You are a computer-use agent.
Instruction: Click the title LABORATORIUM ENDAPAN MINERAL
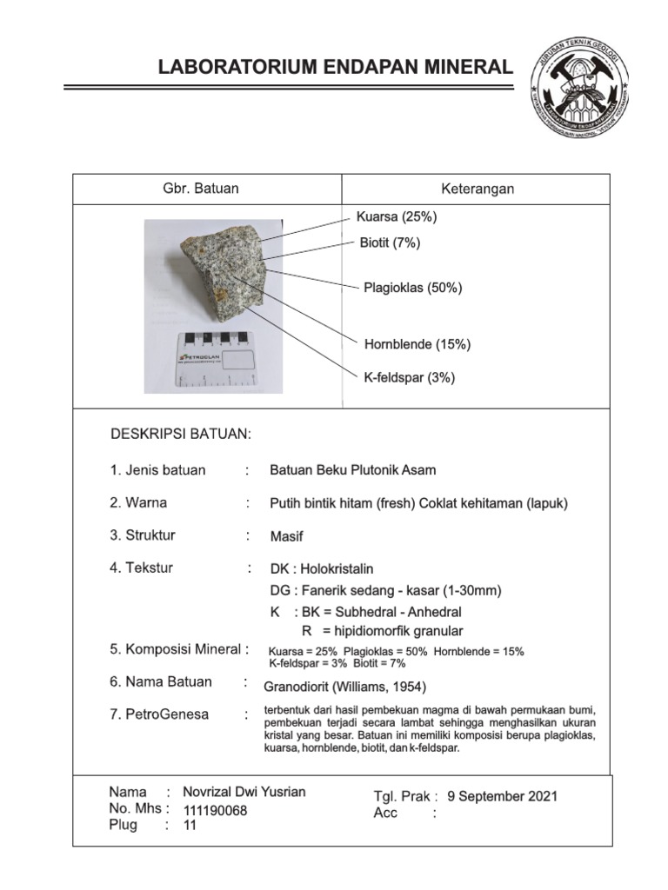335,67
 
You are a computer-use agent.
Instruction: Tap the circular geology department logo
580,90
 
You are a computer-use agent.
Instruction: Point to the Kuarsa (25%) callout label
397,216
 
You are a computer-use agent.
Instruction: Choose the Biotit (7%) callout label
390,243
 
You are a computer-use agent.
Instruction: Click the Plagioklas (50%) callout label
412,288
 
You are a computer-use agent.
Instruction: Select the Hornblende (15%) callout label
417,344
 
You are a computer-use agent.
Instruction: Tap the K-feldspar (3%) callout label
409,377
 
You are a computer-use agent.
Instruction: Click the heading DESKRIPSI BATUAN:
180,434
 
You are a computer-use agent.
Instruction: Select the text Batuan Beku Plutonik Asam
353,470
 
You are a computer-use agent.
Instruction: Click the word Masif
286,536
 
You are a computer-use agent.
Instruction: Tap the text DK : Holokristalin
322,569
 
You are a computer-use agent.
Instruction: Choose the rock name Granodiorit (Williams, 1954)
344,687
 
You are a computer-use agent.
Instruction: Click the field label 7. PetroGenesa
159,714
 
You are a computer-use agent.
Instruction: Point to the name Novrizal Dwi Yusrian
244,792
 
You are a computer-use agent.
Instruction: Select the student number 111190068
215,810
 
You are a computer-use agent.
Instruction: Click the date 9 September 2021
502,795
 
